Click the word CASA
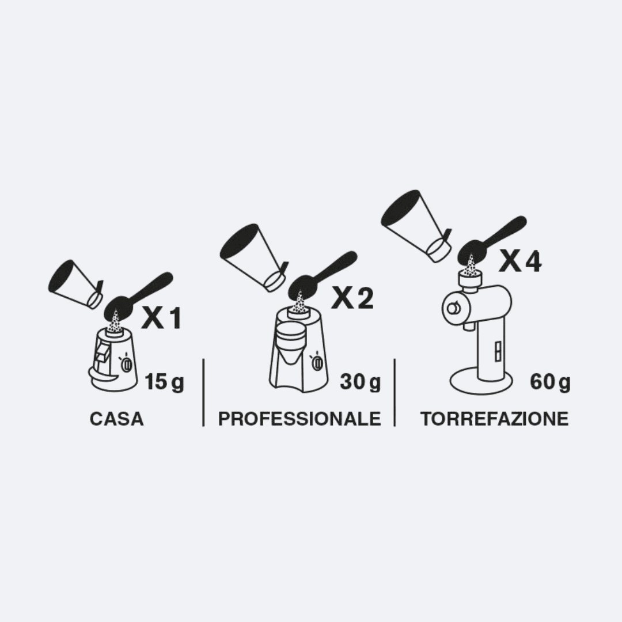[x=116, y=419]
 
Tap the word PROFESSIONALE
[x=299, y=419]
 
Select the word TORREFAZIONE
[x=495, y=419]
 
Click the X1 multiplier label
[x=161, y=318]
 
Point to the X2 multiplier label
[x=352, y=298]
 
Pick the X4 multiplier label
[x=519, y=261]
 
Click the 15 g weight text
[x=164, y=382]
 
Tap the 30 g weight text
[x=360, y=382]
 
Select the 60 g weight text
[x=550, y=382]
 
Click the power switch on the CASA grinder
[x=127, y=364]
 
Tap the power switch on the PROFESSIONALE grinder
[x=317, y=362]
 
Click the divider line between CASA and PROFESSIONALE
[x=203, y=393]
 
